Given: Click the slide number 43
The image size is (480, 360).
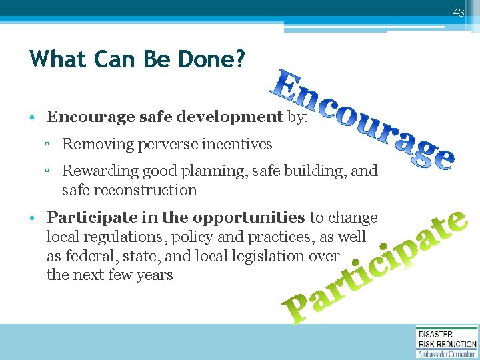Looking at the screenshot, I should click(x=458, y=13).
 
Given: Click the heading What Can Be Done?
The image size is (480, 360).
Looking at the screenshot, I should click(x=137, y=60).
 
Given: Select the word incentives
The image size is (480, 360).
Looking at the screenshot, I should click(x=241, y=143).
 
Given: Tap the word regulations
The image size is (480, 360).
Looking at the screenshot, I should click(x=113, y=237).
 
